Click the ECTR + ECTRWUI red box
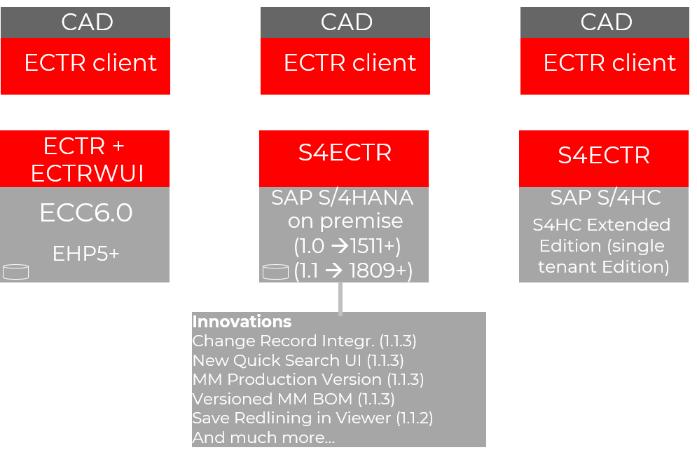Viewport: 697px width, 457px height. click(x=85, y=159)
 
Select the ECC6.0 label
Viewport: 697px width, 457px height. click(x=85, y=213)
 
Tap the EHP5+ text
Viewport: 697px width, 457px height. click(x=85, y=253)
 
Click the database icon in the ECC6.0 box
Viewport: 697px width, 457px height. click(x=15, y=272)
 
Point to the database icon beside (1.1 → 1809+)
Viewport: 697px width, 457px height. click(x=275, y=272)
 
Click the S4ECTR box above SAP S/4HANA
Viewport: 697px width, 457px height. click(x=344, y=154)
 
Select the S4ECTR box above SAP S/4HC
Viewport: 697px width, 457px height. click(x=603, y=155)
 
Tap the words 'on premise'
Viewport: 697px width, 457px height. click(x=345, y=221)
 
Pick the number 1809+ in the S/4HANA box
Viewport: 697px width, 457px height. click(x=380, y=271)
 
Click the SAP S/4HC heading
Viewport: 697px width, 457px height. click(x=605, y=198)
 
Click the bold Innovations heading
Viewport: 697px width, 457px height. click(x=242, y=322)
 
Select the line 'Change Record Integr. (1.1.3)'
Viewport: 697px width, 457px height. click(x=304, y=341)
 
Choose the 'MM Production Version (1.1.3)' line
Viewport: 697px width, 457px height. click(x=308, y=379)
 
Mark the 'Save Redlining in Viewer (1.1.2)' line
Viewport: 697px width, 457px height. click(x=312, y=418)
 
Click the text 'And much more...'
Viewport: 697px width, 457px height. click(x=263, y=437)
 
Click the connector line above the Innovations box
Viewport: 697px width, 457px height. click(x=340, y=297)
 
